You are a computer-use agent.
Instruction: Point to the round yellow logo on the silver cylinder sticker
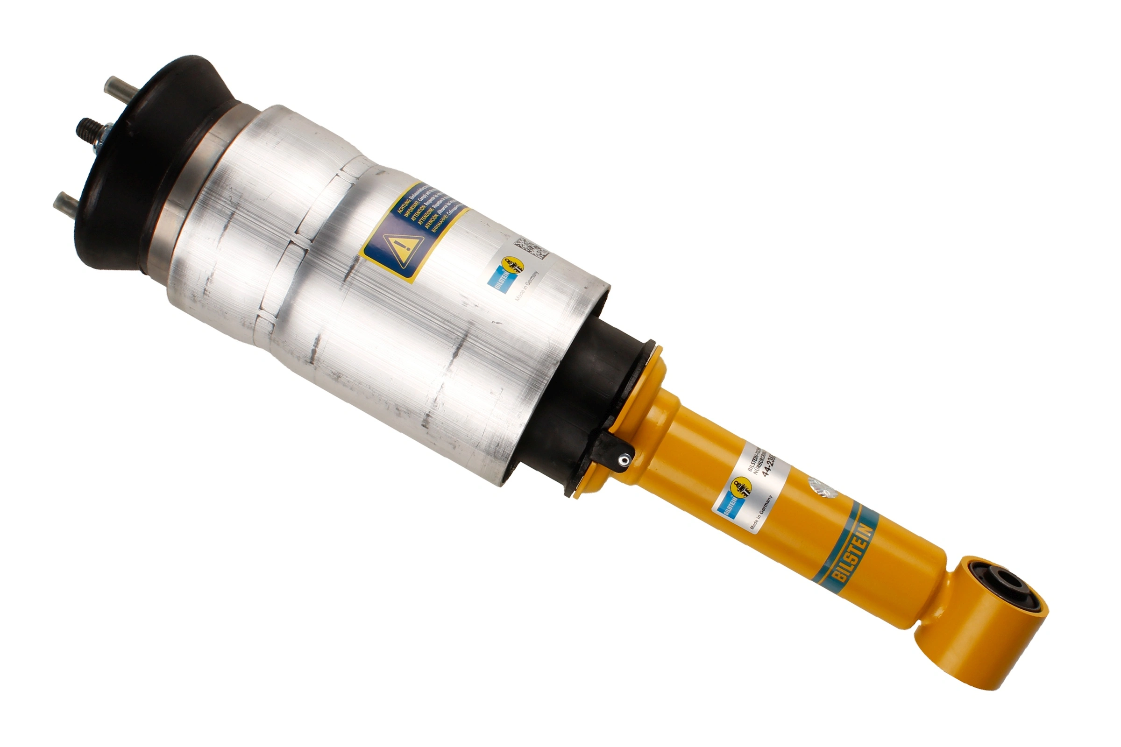512,265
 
